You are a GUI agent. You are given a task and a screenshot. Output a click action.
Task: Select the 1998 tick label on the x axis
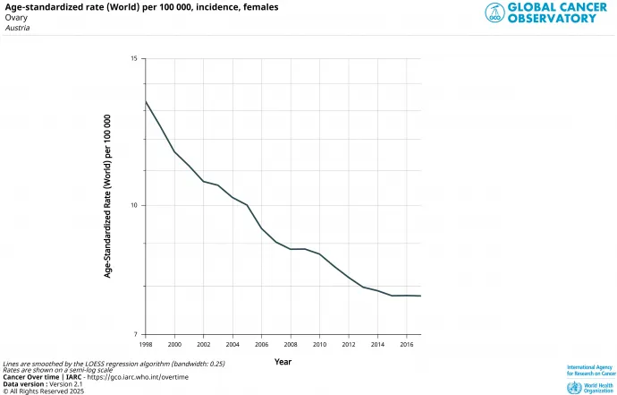(x=146, y=344)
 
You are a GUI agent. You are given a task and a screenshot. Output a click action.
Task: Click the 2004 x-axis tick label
(x=232, y=344)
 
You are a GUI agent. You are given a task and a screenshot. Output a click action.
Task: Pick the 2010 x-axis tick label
(x=319, y=344)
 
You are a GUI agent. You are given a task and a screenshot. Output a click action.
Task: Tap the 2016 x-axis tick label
(x=406, y=344)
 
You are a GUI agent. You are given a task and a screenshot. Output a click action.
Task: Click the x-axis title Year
(x=283, y=362)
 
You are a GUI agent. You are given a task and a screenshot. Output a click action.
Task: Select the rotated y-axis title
(x=107, y=196)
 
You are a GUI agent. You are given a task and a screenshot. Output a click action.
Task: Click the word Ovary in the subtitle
(x=15, y=17)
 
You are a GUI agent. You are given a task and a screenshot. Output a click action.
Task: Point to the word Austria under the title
(x=17, y=28)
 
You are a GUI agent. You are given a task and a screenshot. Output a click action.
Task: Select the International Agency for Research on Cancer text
(x=591, y=370)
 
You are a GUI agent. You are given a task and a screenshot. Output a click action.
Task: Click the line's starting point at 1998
(x=146, y=100)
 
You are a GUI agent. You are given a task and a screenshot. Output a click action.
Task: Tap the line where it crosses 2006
(x=261, y=228)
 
